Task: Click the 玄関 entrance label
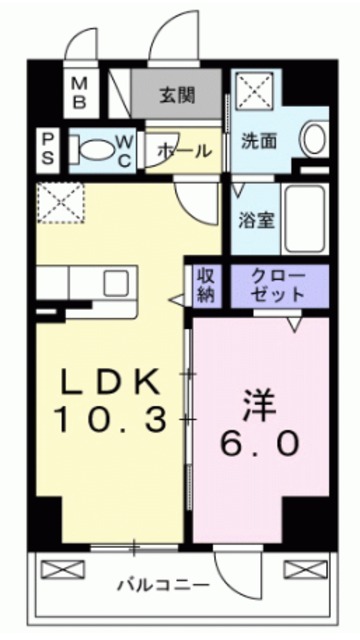[176, 97]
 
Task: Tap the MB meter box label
[80, 93]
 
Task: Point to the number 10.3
[111, 421]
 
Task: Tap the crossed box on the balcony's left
[57, 569]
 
